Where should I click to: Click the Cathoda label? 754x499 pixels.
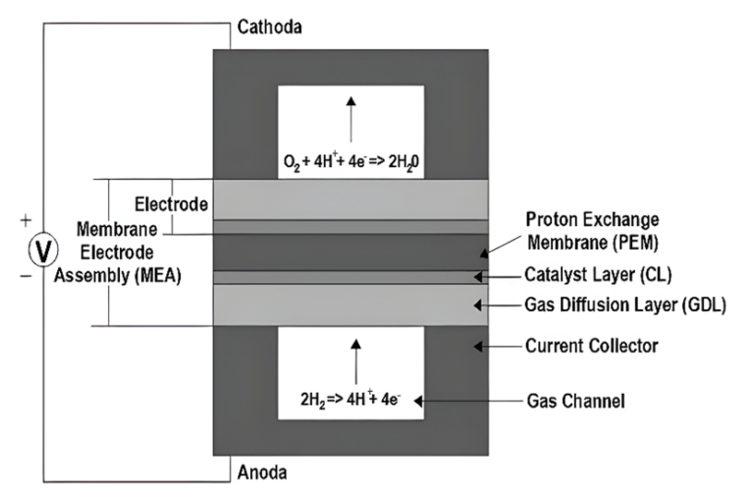(269, 27)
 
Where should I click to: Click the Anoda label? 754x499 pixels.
(262, 472)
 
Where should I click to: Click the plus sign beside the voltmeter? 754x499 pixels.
(26, 220)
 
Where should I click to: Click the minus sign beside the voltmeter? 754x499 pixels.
(26, 276)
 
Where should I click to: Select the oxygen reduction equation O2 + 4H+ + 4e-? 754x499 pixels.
(351, 162)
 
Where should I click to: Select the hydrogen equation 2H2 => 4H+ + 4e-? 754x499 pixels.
(350, 399)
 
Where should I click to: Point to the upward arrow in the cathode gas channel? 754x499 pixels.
(351, 119)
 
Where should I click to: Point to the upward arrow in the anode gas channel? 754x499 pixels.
(355, 361)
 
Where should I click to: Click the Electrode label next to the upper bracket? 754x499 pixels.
(171, 204)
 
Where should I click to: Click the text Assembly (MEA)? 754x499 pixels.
(118, 276)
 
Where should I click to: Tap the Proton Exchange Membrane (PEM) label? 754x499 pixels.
(592, 231)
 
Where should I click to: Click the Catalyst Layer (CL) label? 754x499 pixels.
(598, 274)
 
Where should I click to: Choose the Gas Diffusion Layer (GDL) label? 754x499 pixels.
(625, 305)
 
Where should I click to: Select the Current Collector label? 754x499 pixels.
(591, 346)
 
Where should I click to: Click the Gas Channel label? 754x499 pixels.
(575, 401)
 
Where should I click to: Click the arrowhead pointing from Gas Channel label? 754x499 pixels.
(418, 401)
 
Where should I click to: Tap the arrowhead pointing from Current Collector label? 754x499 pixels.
(478, 346)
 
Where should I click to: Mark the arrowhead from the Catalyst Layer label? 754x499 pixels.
(478, 277)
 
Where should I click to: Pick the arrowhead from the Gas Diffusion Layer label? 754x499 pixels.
(478, 305)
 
